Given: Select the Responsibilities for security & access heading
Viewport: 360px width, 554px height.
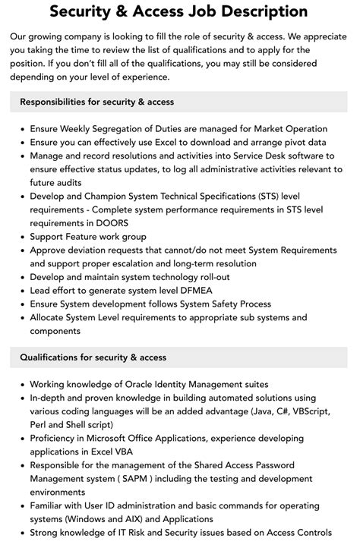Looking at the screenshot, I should coord(97,102).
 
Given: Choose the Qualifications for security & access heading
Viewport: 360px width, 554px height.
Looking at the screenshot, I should coord(93,357).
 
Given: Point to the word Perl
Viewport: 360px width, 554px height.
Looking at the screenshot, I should coord(40,426).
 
